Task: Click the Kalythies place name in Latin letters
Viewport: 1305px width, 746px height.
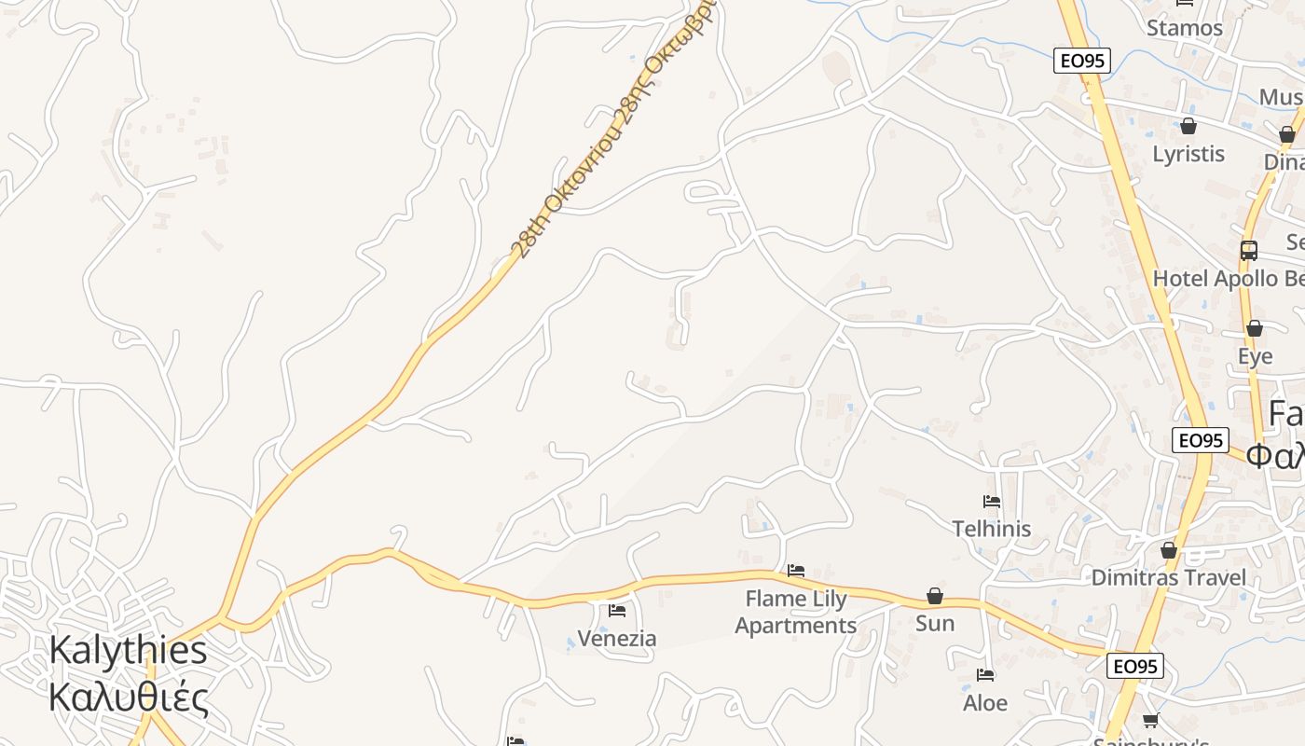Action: (x=128, y=650)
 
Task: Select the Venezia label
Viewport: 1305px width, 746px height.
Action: (x=617, y=639)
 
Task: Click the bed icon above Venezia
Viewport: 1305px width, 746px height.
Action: (x=617, y=611)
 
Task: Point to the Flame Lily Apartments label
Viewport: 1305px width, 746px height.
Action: (x=795, y=612)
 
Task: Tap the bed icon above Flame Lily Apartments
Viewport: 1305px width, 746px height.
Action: (x=795, y=570)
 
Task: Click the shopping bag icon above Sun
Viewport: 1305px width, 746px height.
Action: (x=935, y=596)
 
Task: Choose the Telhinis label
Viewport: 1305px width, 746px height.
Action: (x=992, y=529)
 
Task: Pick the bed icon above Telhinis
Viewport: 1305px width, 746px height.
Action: (x=992, y=502)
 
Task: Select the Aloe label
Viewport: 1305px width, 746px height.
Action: (x=985, y=702)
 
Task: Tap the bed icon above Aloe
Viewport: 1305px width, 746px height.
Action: (x=985, y=674)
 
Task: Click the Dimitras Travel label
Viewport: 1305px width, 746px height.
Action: (x=1168, y=577)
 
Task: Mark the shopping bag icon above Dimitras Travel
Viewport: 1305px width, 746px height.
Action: (x=1169, y=550)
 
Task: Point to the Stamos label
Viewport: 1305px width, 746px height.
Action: (x=1185, y=28)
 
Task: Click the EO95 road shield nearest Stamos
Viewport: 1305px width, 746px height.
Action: (x=1083, y=61)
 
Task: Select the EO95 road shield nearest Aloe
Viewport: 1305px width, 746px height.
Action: (x=1135, y=666)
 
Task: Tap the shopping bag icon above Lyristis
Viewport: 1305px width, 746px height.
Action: (x=1188, y=126)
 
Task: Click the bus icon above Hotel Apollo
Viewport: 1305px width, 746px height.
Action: (x=1249, y=250)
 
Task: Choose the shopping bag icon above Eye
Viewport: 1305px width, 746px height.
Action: (x=1255, y=328)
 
